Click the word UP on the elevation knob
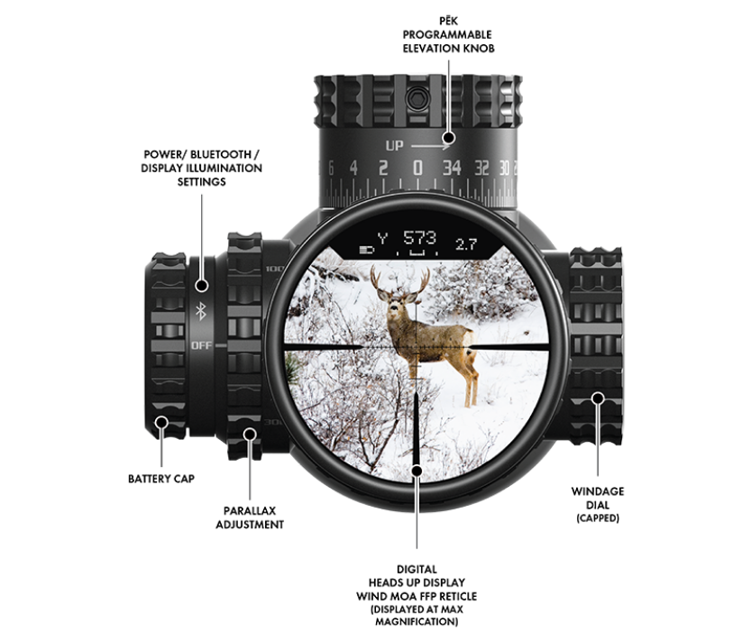coord(395,144)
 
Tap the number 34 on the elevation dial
coord(453,168)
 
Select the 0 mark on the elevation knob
coord(417,168)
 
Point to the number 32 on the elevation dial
coord(482,168)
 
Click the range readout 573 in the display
coord(420,239)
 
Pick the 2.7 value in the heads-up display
coord(466,243)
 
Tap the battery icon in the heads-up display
coord(366,245)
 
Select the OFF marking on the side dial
coord(200,345)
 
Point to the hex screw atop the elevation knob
coord(417,96)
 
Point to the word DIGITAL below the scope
coord(417,569)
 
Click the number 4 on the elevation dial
coord(354,168)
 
